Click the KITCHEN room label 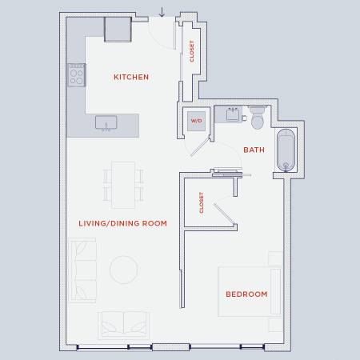click(x=131, y=77)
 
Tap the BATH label click(x=254, y=150)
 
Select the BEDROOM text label click(x=246, y=294)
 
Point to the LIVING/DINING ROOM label click(x=122, y=223)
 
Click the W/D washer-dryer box click(x=196, y=121)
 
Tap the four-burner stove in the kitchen click(x=77, y=75)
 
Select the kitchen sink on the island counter click(x=106, y=123)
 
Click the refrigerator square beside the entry click(x=118, y=30)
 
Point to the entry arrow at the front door click(x=162, y=12)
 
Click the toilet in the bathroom click(x=258, y=118)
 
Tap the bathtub click(x=286, y=150)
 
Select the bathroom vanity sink click(x=233, y=114)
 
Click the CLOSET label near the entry click(x=192, y=51)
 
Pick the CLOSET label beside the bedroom click(x=202, y=202)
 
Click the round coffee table click(x=124, y=270)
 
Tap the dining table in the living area click(x=123, y=185)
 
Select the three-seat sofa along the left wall click(x=82, y=270)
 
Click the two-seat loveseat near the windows click(x=124, y=326)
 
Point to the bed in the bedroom click(x=250, y=291)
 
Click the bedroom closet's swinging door click(x=225, y=214)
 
